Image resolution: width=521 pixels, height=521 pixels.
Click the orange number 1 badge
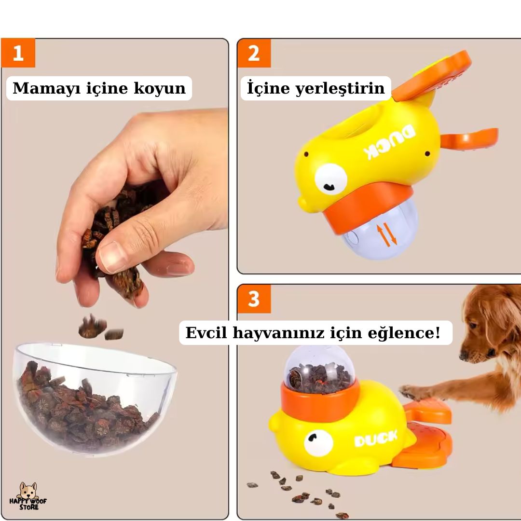(x=18, y=53)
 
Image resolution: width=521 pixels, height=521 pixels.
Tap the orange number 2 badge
(x=254, y=53)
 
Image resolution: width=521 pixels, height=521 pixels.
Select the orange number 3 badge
(x=254, y=299)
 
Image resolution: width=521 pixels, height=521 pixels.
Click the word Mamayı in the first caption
(x=46, y=88)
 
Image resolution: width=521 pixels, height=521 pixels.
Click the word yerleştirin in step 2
(x=340, y=89)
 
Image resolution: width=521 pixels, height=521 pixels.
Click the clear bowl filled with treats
(x=95, y=399)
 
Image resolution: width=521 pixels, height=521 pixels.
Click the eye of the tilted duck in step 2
(x=330, y=179)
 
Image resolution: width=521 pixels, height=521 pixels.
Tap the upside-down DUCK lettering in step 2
(x=389, y=142)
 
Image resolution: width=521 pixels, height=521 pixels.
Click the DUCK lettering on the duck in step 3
(x=376, y=439)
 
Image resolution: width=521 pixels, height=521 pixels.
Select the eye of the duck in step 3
(x=318, y=443)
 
